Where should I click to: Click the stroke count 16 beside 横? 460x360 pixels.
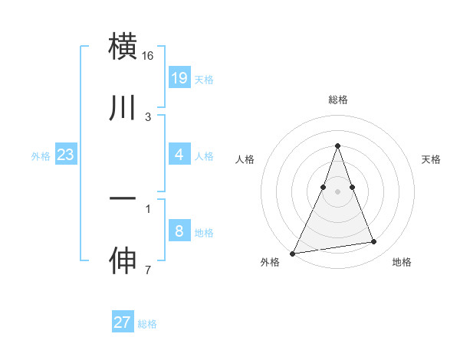pos(148,56)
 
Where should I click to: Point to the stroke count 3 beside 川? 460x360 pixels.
pos(148,117)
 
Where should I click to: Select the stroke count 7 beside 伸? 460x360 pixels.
pos(148,270)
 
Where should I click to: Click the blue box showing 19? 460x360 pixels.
pos(179,77)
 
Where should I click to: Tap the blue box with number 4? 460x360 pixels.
pos(179,155)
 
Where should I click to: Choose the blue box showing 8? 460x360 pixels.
pos(179,231)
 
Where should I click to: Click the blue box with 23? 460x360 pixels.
pos(65,155)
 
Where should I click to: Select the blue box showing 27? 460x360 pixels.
pos(122,322)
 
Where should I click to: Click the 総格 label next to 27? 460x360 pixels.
pos(147,324)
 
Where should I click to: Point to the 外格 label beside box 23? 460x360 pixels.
pos(41,156)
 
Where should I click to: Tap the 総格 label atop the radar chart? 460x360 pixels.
pos(337,100)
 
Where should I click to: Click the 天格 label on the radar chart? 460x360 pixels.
pos(431,159)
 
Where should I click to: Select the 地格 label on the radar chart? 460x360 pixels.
pos(402,262)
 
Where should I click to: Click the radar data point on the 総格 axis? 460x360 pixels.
pos(337,146)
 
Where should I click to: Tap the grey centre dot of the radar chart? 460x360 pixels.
pos(337,191)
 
